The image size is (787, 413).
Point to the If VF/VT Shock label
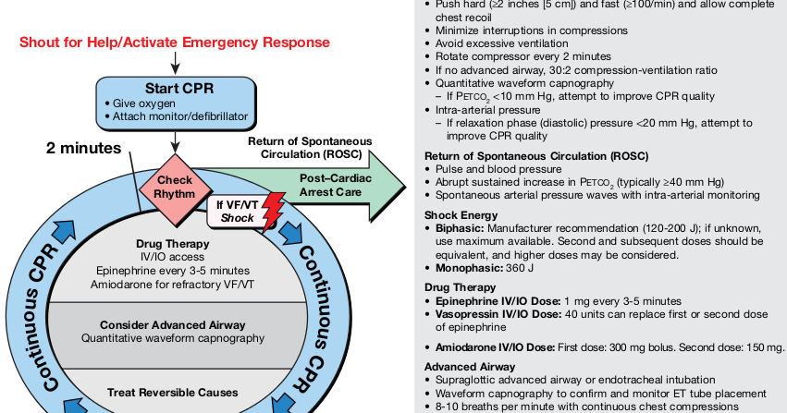[237, 211]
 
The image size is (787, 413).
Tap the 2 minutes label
[84, 147]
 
